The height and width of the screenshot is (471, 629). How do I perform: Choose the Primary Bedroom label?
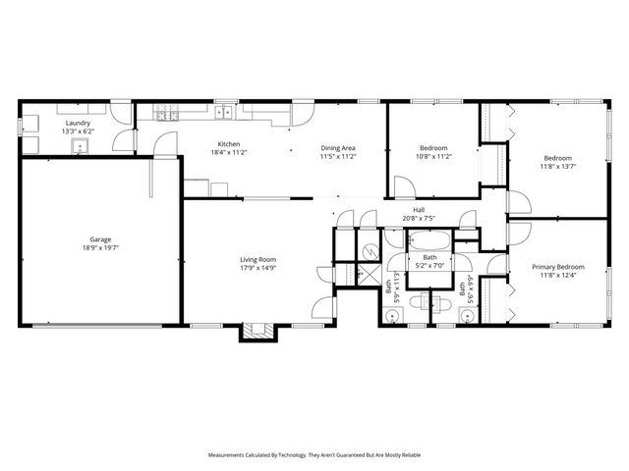pos(558,267)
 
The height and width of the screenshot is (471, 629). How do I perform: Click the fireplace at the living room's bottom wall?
pos(257,331)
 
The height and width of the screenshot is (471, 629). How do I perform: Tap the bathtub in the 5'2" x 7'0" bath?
pos(429,240)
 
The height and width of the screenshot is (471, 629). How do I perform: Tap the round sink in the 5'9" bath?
pos(392,315)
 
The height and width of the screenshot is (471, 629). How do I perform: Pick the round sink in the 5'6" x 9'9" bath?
pos(467,316)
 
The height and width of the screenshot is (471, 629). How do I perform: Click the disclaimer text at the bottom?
pos(314,455)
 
